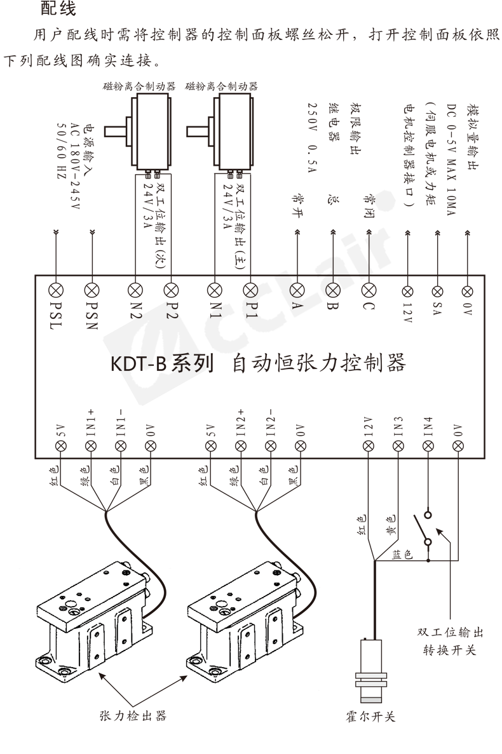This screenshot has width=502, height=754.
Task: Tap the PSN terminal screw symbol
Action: point(93,290)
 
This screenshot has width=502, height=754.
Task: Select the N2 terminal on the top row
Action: point(135,290)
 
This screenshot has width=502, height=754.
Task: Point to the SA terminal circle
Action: point(437,290)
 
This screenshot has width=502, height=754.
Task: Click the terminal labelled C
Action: point(369,290)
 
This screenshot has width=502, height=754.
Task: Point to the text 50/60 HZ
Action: point(62,150)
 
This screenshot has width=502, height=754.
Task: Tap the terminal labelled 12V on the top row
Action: point(407,290)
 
